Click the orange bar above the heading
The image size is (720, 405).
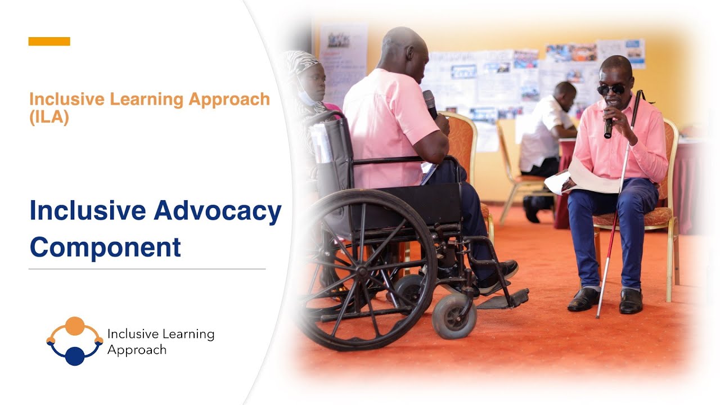(x=49, y=41)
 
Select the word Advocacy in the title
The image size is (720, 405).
(x=217, y=211)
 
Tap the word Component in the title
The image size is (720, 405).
(x=105, y=247)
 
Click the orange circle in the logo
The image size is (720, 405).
(x=74, y=326)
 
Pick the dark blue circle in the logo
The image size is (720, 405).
(x=74, y=356)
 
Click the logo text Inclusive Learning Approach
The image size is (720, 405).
(x=160, y=342)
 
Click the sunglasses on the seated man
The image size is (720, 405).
(x=611, y=89)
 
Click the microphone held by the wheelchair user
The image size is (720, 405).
(x=430, y=103)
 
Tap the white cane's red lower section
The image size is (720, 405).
(x=606, y=270)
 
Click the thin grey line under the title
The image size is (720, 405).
(x=147, y=269)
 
